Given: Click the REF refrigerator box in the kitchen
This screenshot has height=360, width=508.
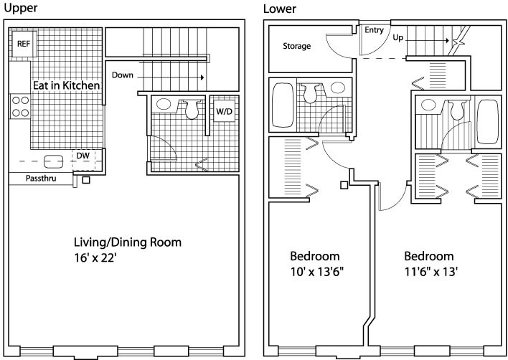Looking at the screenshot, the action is pos(24,44).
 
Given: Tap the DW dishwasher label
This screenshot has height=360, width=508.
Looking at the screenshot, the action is pos(83,156).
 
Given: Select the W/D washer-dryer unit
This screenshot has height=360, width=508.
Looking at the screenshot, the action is pos(224,112).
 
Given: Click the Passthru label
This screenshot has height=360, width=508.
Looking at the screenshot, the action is pos(41,179).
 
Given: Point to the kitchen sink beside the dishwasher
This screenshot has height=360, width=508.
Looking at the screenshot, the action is pos(54,161).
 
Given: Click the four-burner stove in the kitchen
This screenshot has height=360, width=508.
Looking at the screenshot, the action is pos(20,107).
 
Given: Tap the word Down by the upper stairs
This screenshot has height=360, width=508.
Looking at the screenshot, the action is pos(123,75).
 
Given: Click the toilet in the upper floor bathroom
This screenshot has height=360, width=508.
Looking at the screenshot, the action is pos(192,109).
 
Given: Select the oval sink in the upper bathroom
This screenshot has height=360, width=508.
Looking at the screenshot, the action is pos(164,104).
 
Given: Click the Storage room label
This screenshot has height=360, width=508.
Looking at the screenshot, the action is pos(297,47).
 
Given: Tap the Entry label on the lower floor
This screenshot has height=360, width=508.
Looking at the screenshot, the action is pos(374,30).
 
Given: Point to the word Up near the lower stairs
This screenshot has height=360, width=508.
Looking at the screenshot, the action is pos(398,38).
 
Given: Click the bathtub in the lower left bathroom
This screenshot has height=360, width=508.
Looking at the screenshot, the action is pos(283,105).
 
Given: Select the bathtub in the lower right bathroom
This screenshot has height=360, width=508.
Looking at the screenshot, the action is pos(488,122).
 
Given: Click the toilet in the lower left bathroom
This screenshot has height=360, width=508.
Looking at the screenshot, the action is pos(310,93).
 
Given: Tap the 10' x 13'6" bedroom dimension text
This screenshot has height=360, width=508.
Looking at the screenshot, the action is pos(316,272).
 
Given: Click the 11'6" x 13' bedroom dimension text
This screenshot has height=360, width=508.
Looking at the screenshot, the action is pos(431,272).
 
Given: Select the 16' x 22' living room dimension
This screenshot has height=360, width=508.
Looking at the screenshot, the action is pos(95,258).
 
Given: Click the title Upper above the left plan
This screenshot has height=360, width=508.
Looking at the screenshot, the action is pos(20,8).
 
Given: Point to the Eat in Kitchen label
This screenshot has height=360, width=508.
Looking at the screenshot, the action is pos(67,85).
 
